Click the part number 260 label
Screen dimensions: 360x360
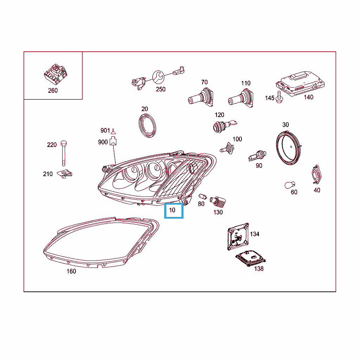pos(53,91)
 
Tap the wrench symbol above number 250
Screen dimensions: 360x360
pos(158,77)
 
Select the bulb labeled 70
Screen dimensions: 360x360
pos(201,97)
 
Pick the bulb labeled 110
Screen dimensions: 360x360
pos(241,98)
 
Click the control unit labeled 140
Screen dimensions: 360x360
pos(300,83)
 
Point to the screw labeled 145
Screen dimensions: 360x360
pos(279,97)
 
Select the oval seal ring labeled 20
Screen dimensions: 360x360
pos(147,126)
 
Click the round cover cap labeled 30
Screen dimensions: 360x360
pos(289,148)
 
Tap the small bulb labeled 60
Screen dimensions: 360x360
pos(290,185)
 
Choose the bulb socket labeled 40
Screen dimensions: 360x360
pos(316,174)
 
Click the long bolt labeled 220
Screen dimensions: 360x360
pos(64,153)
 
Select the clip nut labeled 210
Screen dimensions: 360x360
pos(65,174)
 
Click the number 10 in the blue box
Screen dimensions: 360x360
pos(172,210)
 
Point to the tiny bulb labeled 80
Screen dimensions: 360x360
pos(202,197)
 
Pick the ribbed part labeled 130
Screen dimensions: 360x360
pos(218,201)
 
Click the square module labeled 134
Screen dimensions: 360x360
pos(238,237)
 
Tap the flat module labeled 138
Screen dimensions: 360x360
pos(250,258)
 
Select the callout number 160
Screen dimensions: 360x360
pos(71,271)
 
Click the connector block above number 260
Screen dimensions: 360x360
pos(56,74)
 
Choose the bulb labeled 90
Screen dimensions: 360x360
pos(257,156)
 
